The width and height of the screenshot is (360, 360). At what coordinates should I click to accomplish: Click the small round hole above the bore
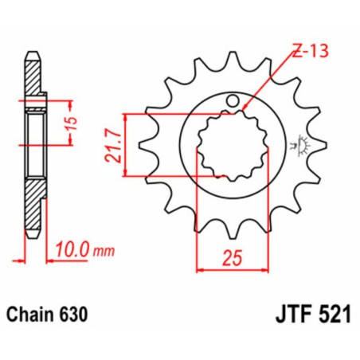coord(233,102)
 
